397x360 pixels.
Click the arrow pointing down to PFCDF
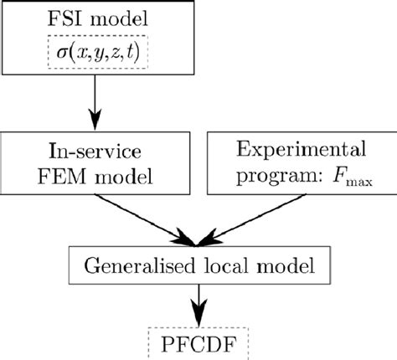click(x=198, y=302)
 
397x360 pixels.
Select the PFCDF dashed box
click(x=198, y=342)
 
